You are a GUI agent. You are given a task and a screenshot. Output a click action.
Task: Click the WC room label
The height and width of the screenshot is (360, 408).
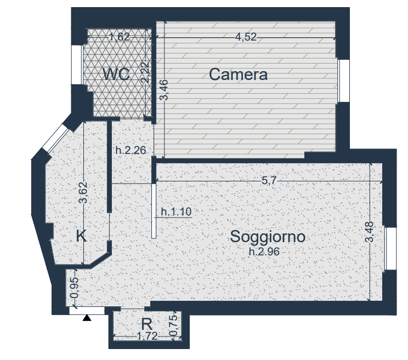point(116,74)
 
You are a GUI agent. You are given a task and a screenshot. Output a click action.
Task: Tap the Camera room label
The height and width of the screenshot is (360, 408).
point(238,75)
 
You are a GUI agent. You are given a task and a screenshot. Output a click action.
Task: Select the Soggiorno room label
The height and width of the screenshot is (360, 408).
point(268,237)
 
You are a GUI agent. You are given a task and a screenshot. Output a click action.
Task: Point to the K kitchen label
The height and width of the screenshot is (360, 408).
point(81,236)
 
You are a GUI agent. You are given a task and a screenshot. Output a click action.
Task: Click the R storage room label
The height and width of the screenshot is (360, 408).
point(146,324)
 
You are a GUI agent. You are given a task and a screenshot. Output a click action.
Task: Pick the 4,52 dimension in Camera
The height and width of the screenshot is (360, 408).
point(246,37)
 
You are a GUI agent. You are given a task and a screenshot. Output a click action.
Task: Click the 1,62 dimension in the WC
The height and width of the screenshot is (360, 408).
point(119,37)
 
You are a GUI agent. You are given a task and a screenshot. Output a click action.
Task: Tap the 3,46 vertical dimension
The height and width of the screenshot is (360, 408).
point(164,90)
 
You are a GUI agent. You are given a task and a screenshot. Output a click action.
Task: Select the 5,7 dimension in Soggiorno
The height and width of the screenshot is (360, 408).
point(269,180)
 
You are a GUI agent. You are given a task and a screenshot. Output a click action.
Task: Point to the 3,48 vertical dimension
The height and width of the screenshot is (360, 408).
point(370,232)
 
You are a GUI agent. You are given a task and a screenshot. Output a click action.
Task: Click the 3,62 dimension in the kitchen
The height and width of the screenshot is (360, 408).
point(83,193)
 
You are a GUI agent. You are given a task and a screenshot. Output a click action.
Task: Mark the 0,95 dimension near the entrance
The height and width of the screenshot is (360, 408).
point(74,288)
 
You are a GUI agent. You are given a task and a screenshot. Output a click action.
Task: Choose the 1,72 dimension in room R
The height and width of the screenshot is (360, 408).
point(148,336)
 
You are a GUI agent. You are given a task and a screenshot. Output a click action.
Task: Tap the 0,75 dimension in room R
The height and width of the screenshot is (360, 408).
point(173,325)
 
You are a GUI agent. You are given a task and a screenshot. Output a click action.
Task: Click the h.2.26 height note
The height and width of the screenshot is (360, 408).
point(131,150)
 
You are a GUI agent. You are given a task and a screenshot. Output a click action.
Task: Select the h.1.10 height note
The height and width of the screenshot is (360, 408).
point(177,212)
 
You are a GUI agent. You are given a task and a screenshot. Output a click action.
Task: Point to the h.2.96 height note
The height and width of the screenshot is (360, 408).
point(264,252)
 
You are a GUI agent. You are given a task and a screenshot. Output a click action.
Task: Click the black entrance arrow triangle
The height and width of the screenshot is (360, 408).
point(87,318)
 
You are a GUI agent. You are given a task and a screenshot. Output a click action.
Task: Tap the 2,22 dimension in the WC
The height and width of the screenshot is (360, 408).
point(145,72)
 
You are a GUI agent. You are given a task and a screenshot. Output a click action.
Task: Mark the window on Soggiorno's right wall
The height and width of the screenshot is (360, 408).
point(390,248)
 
